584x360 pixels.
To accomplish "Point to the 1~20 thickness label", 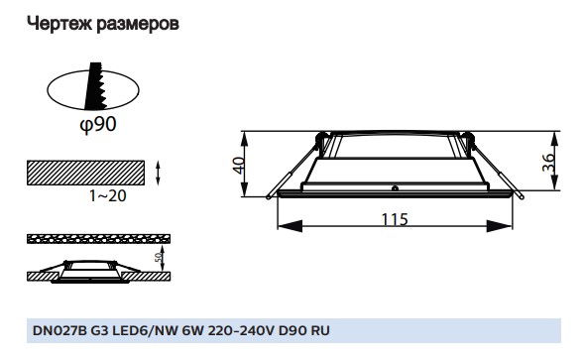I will click(107, 197).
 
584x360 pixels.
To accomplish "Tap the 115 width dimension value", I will click(395, 220).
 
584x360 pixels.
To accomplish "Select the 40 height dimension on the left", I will click(238, 165).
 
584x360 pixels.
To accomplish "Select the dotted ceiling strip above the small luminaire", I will click(95, 240).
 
